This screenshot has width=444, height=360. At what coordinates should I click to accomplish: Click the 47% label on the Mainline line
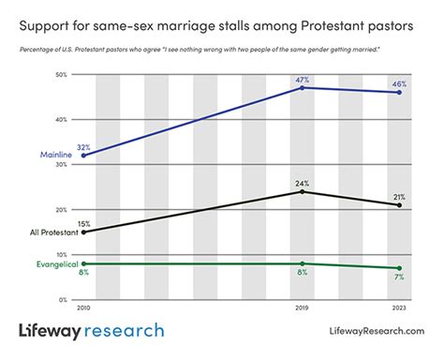[x=303, y=80]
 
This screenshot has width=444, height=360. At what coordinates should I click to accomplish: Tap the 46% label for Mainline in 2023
[x=400, y=84]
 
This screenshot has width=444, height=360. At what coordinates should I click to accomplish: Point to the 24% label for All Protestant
[x=303, y=184]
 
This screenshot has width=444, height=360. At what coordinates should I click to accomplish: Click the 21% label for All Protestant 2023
[x=400, y=197]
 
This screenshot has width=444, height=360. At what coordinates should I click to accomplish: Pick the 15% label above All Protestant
[x=85, y=223]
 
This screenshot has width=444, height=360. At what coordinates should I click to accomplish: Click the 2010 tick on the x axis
[x=84, y=307]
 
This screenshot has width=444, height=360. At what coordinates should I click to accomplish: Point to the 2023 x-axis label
[x=400, y=307]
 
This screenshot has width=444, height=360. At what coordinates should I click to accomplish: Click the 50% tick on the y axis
[x=62, y=74]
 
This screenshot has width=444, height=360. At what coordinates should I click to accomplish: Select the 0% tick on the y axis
[x=64, y=299]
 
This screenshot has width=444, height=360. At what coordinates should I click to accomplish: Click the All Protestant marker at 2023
[x=400, y=205]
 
